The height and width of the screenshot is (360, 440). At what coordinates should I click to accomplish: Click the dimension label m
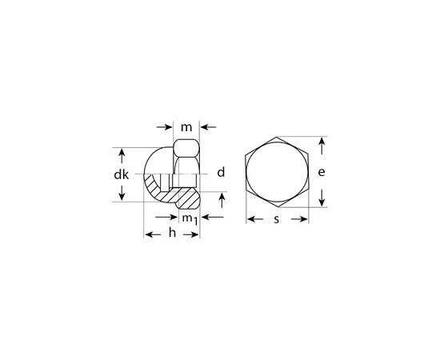pyautogui.click(x=186, y=128)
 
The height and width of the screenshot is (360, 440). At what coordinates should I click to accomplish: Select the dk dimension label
pyautogui.click(x=122, y=175)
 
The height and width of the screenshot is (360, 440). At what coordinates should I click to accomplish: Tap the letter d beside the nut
pyautogui.click(x=221, y=172)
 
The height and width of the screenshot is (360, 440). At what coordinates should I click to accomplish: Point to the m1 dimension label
pyautogui.click(x=190, y=219)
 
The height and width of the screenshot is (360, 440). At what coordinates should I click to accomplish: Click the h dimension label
pyautogui.click(x=172, y=233)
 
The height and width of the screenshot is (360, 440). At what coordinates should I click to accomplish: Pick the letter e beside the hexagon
pyautogui.click(x=322, y=172)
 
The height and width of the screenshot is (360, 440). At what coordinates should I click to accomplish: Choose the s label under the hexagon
pyautogui.click(x=277, y=219)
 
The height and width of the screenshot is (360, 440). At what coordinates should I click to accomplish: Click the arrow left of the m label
pyautogui.click(x=165, y=127)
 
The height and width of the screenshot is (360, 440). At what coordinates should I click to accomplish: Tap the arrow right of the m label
pyautogui.click(x=208, y=127)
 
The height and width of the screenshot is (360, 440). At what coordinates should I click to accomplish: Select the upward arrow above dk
pyautogui.click(x=122, y=156)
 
